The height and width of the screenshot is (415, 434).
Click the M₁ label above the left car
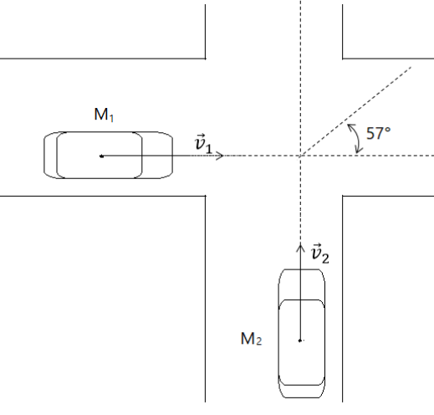[104, 115]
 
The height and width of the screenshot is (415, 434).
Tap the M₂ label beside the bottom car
[251, 339]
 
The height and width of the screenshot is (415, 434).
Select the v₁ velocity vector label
[203, 144]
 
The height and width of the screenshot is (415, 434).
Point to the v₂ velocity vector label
[319, 254]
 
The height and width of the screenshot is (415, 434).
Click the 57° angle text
[378, 133]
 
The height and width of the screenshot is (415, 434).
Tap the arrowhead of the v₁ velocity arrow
[222, 156]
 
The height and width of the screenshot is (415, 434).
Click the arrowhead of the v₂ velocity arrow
[300, 245]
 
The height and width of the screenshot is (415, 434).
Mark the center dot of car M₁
[102, 156]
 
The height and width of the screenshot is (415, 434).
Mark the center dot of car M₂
[300, 341]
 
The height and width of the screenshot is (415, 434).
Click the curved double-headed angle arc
[358, 138]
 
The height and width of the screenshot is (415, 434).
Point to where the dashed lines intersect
[300, 156]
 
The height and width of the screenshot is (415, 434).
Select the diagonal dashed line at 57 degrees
[356, 111]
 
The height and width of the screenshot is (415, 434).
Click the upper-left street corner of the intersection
[206, 59]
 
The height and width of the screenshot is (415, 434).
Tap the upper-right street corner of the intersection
[342, 59]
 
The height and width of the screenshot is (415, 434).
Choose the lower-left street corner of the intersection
[206, 196]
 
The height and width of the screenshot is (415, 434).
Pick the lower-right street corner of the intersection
[342, 196]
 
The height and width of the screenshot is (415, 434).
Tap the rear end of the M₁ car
[50, 155]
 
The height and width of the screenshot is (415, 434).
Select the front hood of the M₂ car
[301, 284]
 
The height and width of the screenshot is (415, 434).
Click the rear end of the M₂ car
[302, 392]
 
